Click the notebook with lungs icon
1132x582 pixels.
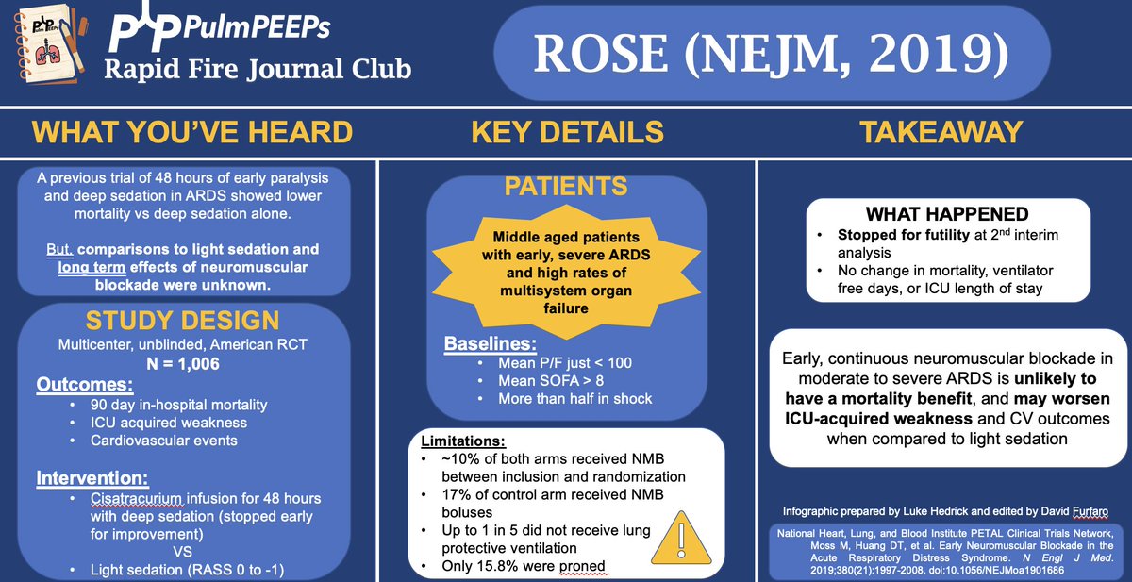tap(44, 48)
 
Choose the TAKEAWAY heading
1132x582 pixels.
tap(942, 132)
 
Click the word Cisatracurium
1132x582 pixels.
tap(138, 498)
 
